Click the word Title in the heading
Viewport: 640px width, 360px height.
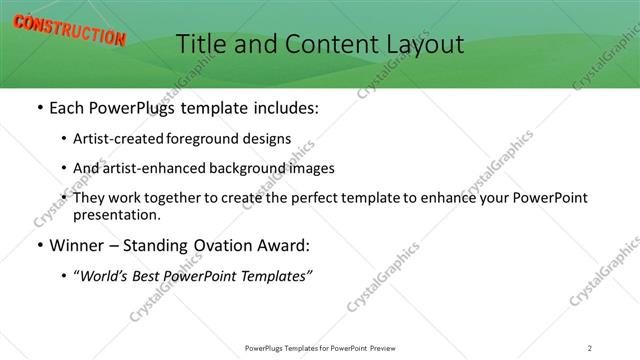pyautogui.click(x=203, y=43)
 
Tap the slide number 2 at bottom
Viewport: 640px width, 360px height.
pyautogui.click(x=590, y=347)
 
